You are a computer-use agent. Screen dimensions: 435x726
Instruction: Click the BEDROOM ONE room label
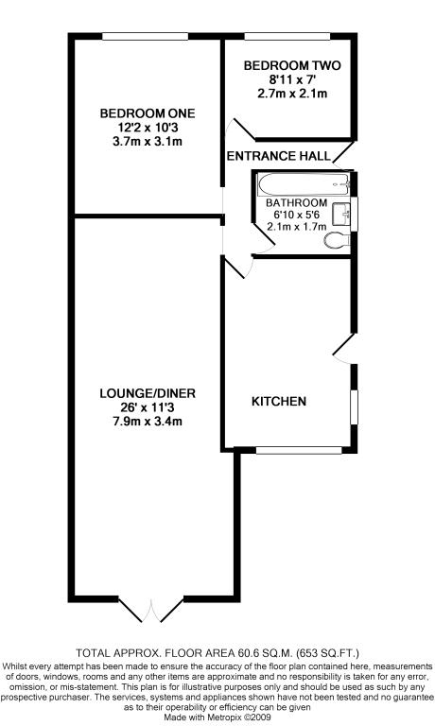148,113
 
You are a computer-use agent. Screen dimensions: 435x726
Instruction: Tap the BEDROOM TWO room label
292,66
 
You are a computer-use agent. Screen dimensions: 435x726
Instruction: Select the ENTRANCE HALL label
278,156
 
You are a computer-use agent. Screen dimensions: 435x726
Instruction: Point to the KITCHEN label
279,401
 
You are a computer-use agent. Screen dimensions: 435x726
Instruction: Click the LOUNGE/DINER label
148,393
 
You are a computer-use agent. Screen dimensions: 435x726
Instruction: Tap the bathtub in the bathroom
304,184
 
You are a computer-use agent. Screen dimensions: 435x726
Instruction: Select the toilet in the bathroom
338,240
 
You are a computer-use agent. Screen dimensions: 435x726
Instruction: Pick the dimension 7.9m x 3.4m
148,422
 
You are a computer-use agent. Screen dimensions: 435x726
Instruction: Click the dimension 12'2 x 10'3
148,128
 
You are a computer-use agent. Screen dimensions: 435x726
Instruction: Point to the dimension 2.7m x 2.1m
292,94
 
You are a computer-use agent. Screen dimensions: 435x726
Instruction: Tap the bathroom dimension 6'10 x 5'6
297,215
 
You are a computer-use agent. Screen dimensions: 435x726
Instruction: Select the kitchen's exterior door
344,348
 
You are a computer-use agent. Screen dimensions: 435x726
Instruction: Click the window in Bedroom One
146,36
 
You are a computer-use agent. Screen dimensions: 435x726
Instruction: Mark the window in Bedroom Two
287,36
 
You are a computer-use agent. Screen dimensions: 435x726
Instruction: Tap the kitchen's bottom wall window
299,450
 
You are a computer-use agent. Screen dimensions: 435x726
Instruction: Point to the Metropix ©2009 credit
239,717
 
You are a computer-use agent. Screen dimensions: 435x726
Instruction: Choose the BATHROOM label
297,203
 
